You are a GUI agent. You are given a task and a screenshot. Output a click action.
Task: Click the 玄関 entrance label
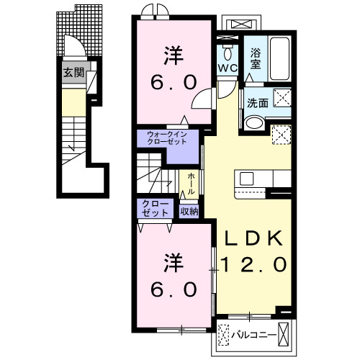72,72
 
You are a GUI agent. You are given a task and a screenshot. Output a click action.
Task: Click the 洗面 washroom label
258,103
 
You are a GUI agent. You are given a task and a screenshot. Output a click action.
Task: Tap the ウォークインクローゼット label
167,138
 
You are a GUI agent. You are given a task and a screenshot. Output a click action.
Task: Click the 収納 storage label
189,211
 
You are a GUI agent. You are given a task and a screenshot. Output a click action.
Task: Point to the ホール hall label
191,180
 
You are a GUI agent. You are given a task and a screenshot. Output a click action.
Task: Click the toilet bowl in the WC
228,53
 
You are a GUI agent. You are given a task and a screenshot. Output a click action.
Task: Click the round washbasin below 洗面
253,124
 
